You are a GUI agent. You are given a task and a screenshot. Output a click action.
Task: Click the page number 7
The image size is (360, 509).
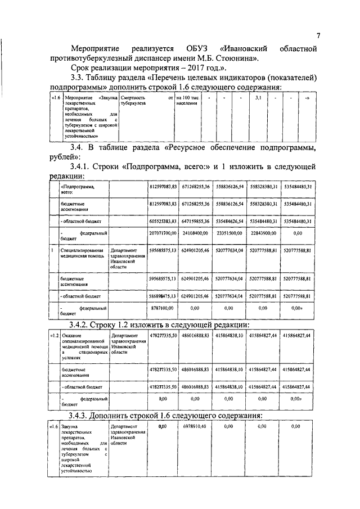[x=318, y=35]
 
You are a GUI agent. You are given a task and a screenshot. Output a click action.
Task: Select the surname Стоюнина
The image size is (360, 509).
[x=236, y=57]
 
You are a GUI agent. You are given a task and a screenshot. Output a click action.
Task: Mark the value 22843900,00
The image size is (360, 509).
[x=263, y=233]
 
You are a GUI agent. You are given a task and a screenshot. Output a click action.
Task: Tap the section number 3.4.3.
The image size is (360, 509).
[x=83, y=416]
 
